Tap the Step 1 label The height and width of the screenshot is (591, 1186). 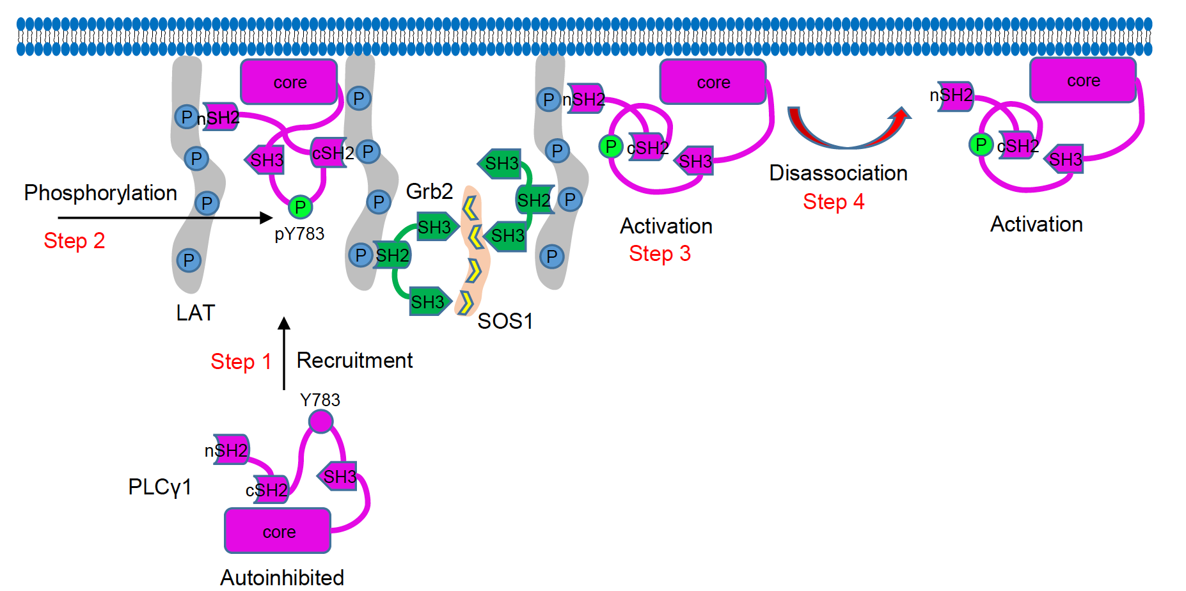[x=241, y=362]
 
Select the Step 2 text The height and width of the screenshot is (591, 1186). [x=74, y=241]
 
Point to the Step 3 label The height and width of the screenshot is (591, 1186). [x=660, y=254]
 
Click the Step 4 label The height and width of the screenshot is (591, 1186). [x=834, y=202]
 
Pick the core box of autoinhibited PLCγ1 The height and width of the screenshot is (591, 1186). [x=278, y=531]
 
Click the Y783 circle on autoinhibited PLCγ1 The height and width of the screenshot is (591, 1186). [x=320, y=422]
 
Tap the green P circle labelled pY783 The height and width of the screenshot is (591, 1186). [x=300, y=207]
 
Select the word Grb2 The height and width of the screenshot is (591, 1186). [x=429, y=191]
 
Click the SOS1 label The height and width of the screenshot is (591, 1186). [x=505, y=321]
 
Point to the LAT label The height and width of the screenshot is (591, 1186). [x=196, y=313]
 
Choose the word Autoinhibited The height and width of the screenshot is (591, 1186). [x=282, y=578]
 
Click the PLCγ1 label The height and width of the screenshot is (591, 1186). [x=160, y=487]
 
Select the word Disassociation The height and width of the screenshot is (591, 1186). [x=838, y=173]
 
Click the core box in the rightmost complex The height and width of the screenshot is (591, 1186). [x=1083, y=81]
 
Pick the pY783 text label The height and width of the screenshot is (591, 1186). [x=299, y=234]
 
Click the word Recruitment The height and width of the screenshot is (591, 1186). [x=354, y=361]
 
